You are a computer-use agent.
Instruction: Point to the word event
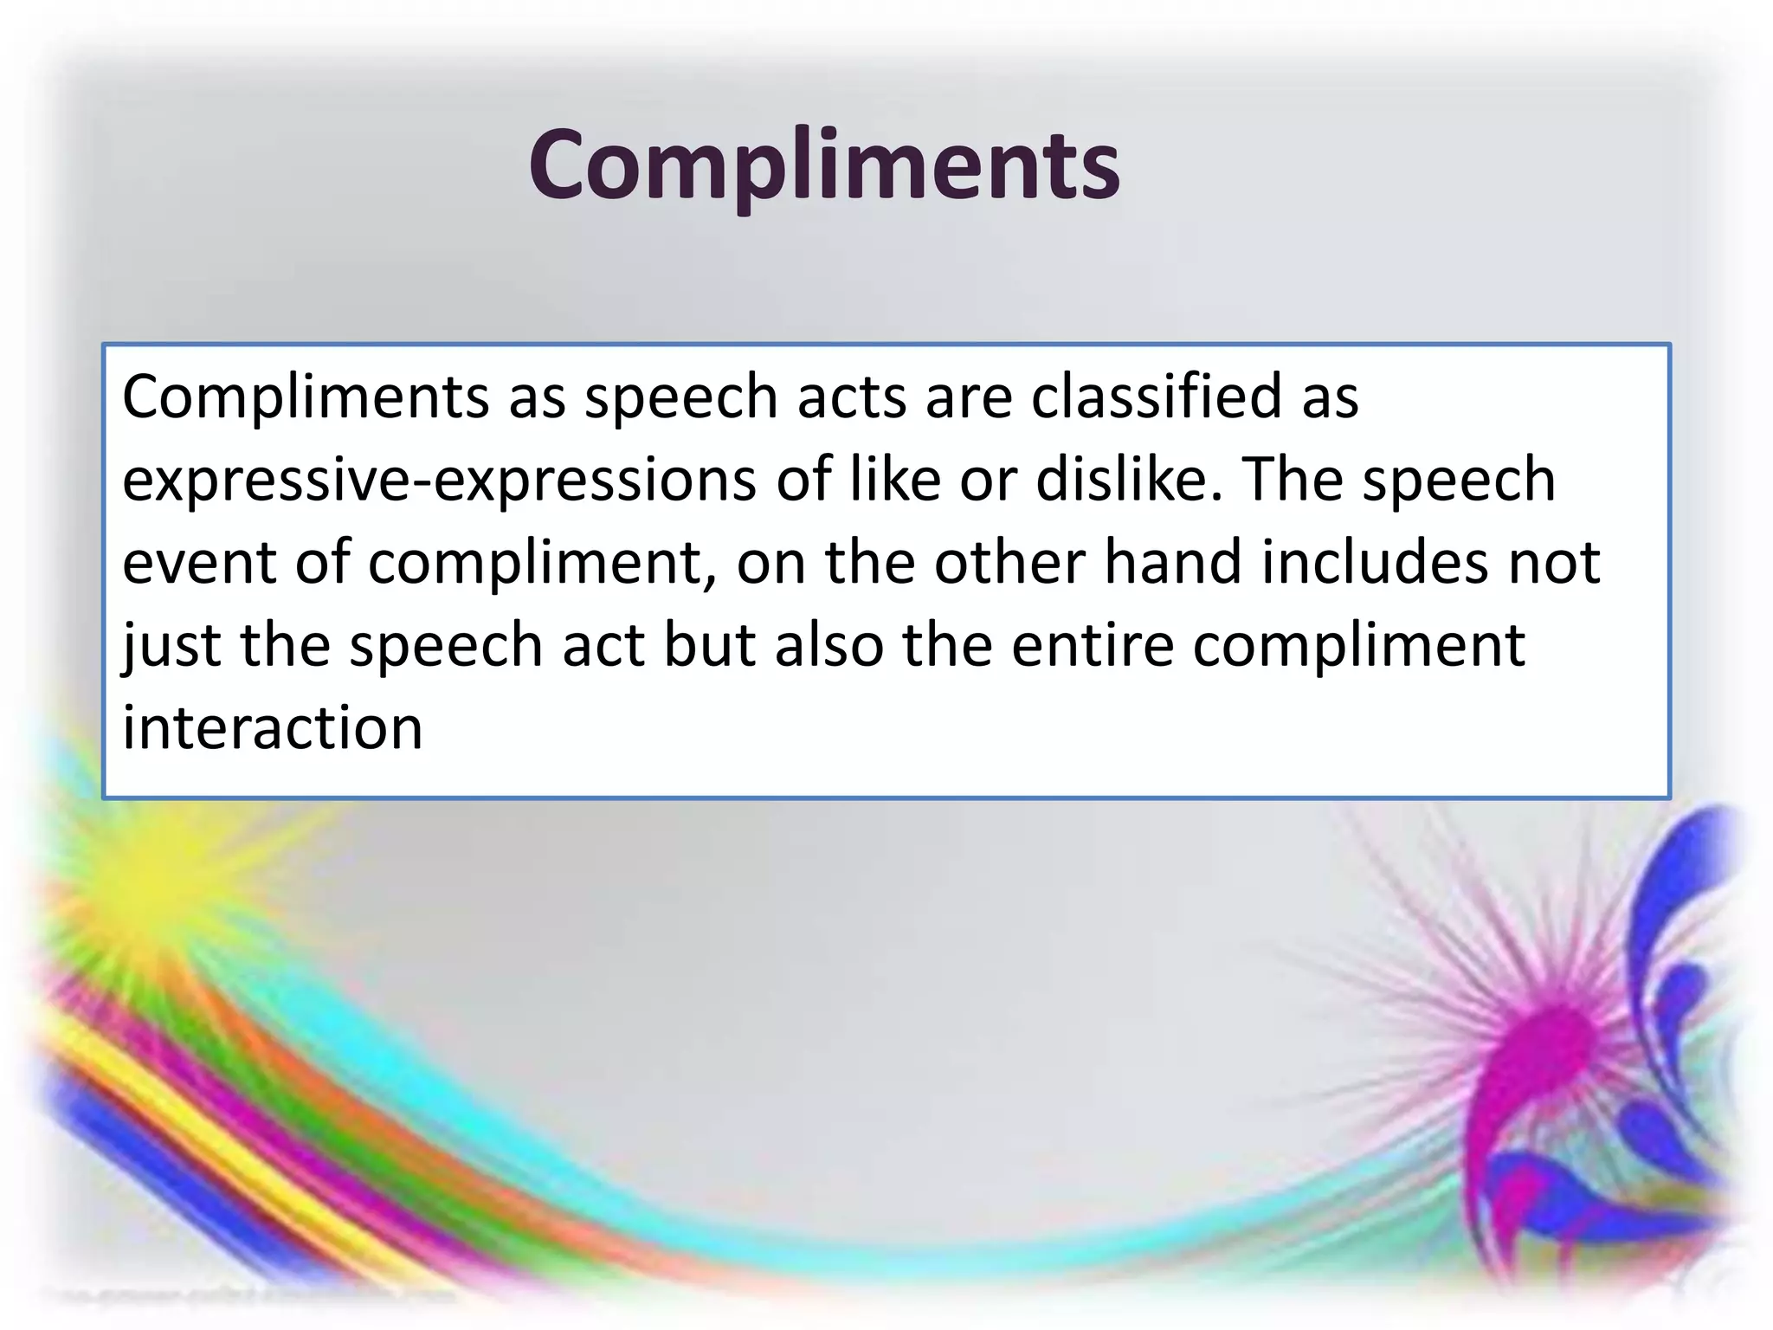198,563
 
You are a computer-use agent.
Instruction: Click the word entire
1093,646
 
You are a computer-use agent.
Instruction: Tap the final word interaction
272,727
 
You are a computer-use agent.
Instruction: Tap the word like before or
894,480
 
